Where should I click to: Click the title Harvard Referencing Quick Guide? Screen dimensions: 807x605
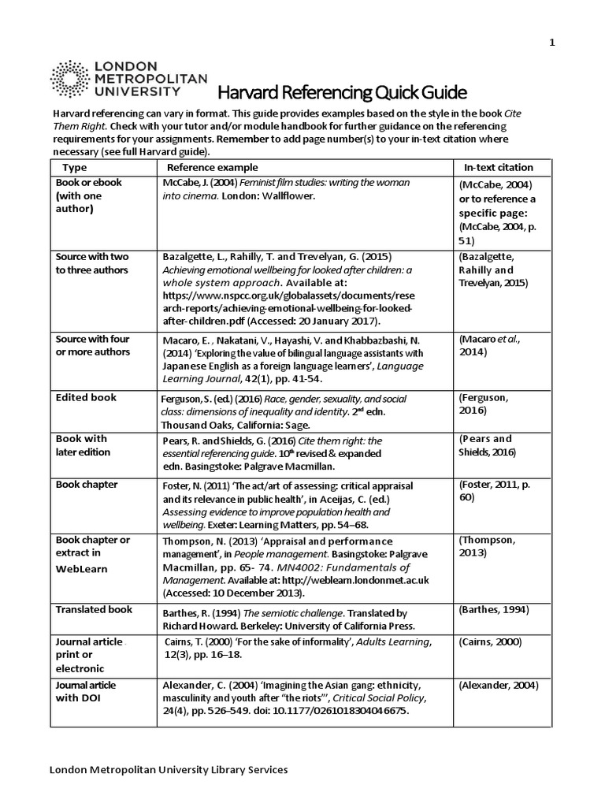332,93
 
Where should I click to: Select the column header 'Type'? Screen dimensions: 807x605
75,167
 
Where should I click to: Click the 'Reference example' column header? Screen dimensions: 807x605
212,167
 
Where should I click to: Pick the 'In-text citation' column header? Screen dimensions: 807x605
498,167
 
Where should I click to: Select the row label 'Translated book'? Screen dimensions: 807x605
93,609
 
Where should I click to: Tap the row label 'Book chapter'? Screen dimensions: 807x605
86,484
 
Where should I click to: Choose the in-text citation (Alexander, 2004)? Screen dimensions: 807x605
498,685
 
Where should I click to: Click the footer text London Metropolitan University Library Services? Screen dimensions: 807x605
169,769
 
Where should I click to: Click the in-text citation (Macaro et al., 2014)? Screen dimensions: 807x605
489,345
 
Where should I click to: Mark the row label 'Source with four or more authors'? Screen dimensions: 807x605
92,345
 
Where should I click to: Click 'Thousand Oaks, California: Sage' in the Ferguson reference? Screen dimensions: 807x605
236,422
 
